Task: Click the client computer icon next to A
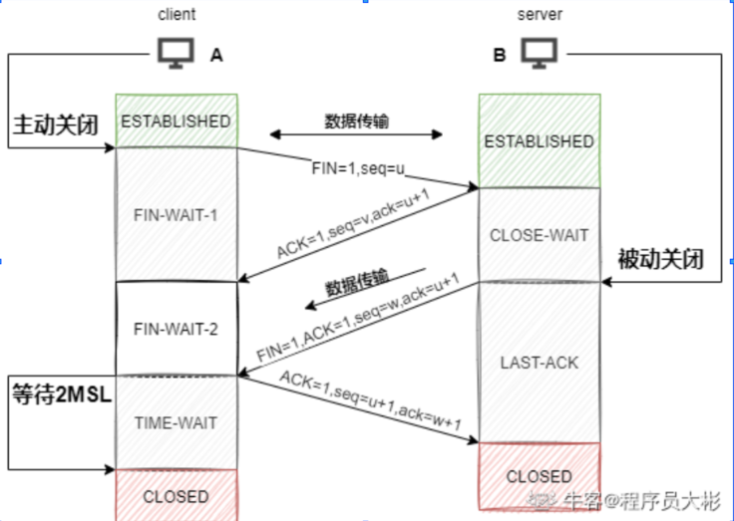pyautogui.click(x=176, y=54)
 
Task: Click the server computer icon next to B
pyautogui.click(x=539, y=52)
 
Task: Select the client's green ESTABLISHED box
pyautogui.click(x=177, y=121)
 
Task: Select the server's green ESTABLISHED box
pyautogui.click(x=539, y=140)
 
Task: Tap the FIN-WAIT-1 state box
pyautogui.click(x=177, y=213)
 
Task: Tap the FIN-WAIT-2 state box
pyautogui.click(x=177, y=329)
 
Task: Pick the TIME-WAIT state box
pyautogui.click(x=177, y=422)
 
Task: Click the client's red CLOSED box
pyautogui.click(x=177, y=495)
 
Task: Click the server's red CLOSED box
pyautogui.click(x=539, y=476)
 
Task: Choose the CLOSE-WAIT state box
pyautogui.click(x=539, y=235)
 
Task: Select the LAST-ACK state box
pyautogui.click(x=539, y=363)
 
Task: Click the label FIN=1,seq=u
pyautogui.click(x=357, y=168)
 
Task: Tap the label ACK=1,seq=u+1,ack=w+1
pyautogui.click(x=370, y=399)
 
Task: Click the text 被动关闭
pyautogui.click(x=660, y=261)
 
